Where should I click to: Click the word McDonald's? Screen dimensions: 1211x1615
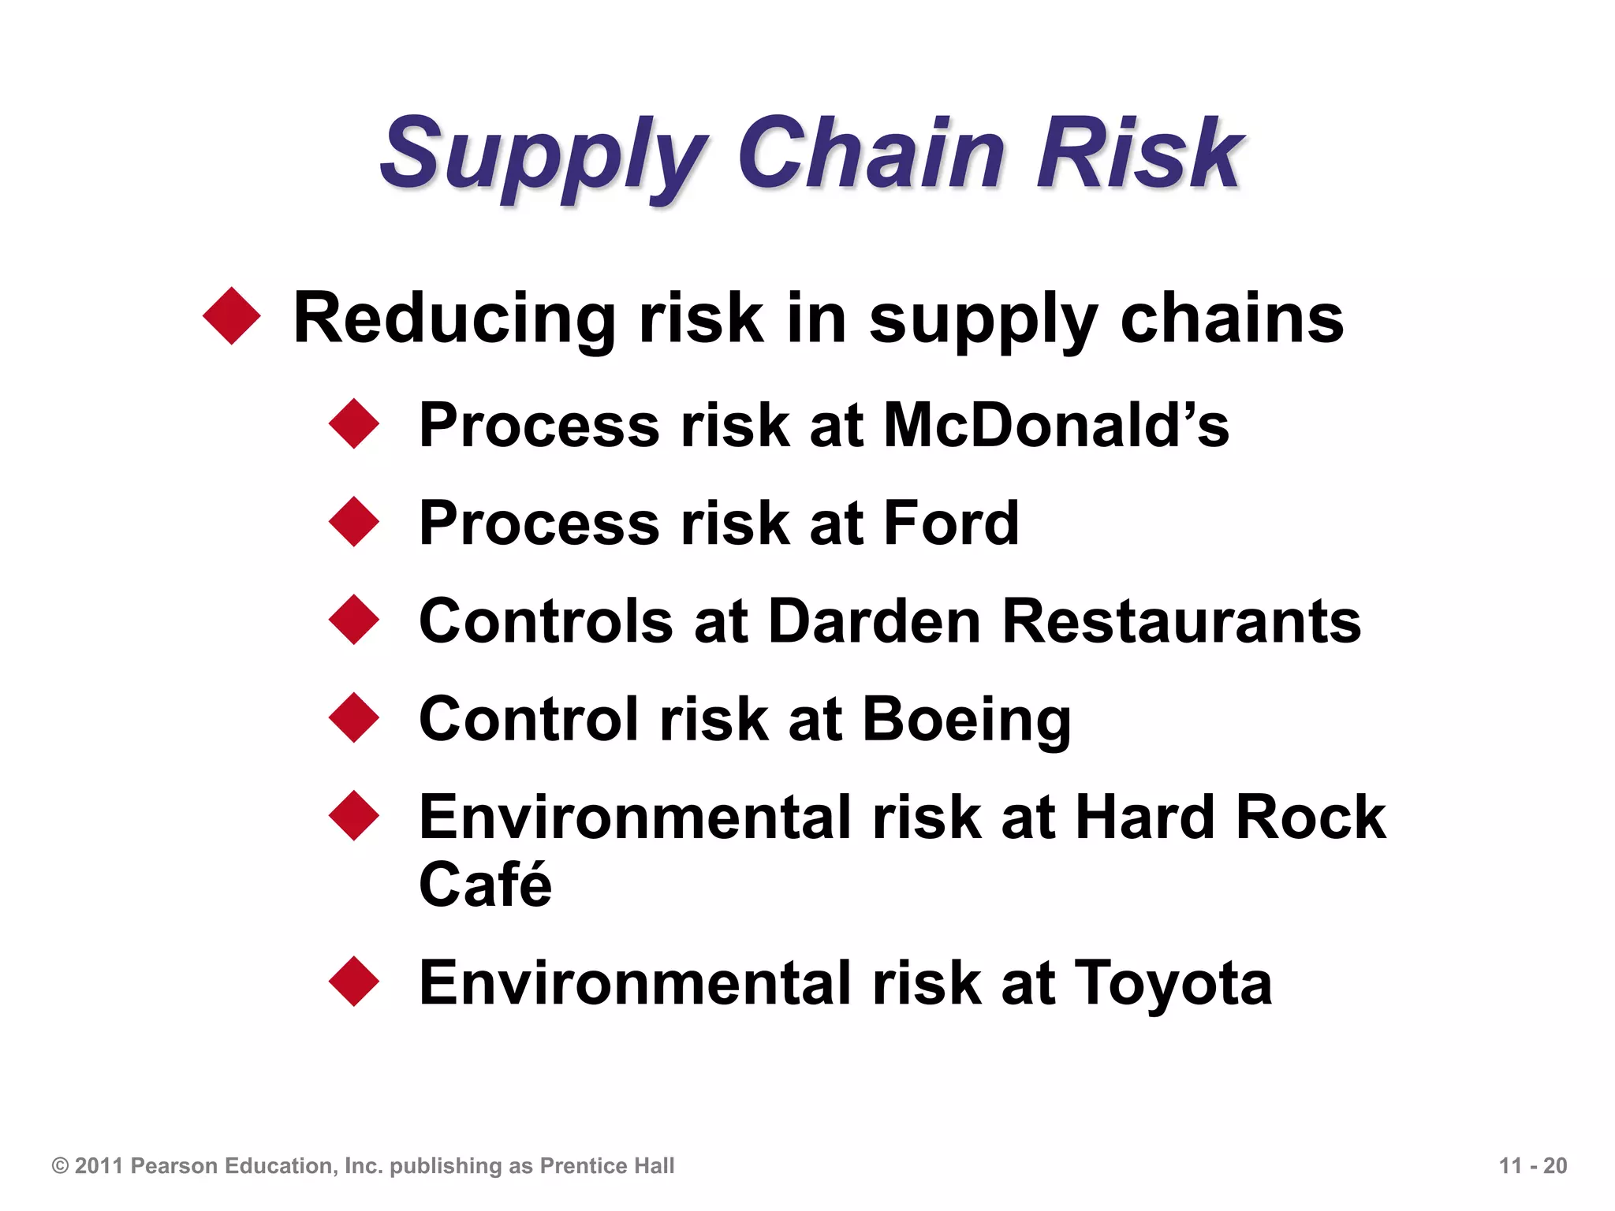[x=1056, y=425]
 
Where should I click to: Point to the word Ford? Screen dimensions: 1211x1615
[x=951, y=523]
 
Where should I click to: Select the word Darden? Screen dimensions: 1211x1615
[x=874, y=621]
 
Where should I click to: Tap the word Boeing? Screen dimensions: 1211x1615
[x=967, y=720]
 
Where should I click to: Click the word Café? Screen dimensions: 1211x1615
[x=485, y=885]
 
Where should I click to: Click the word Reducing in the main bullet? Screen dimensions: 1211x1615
[x=454, y=319]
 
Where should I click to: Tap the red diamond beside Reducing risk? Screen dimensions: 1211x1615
[x=232, y=316]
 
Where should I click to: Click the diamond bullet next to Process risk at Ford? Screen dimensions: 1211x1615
[x=354, y=521]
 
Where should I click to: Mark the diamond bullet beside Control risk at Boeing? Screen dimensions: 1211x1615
[x=354, y=717]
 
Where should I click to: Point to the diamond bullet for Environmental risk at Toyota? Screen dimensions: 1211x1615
[x=354, y=981]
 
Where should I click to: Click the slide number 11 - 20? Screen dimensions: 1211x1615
[x=1532, y=1165]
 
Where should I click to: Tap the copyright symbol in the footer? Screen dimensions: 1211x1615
[x=60, y=1165]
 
